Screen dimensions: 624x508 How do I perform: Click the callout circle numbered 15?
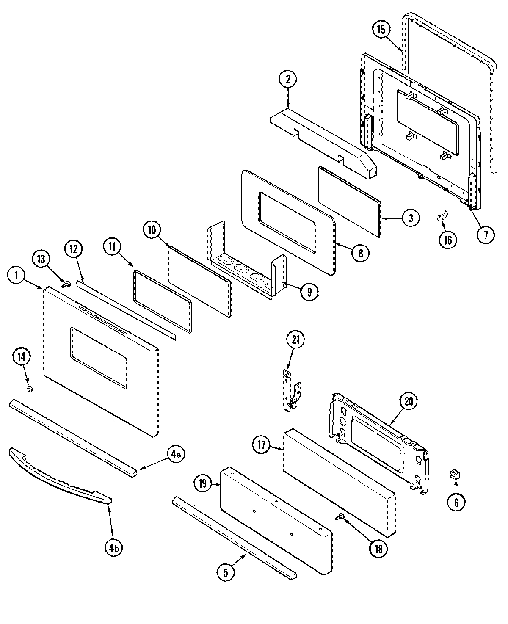[381, 30]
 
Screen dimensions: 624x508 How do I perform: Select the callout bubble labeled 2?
[288, 79]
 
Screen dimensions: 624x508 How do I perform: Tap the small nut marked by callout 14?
[29, 389]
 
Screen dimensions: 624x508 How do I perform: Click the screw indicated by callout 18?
[340, 516]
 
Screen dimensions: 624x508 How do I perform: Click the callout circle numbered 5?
[226, 572]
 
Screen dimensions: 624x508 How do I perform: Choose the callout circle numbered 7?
[485, 234]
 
